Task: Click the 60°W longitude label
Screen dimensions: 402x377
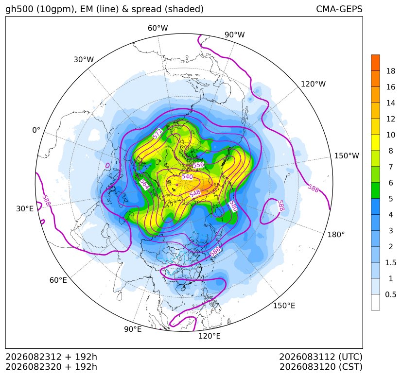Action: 157,28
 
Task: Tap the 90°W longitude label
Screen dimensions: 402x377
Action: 235,35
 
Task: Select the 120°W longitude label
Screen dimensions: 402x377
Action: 313,84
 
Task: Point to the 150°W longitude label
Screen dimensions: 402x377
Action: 347,156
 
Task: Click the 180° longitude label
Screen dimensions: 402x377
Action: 336,235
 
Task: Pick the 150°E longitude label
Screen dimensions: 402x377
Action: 284,306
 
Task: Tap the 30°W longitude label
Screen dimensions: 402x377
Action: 84,59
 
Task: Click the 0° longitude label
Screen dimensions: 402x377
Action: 36,130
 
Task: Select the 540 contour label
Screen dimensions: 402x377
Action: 187,176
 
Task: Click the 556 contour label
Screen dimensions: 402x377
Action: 198,165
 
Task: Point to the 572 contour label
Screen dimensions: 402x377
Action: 157,134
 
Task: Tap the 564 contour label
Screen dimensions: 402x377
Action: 144,185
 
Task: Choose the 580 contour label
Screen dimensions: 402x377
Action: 233,206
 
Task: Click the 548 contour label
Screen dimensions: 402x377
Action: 195,193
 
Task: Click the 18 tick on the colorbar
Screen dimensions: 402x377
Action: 391,71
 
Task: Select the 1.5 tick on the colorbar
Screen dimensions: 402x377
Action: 391,262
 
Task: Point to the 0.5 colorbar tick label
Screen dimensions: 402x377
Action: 391,294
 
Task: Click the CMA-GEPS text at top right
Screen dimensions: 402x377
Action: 339,9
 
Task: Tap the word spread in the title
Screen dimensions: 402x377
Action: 146,9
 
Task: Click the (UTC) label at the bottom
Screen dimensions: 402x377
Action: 350,357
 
